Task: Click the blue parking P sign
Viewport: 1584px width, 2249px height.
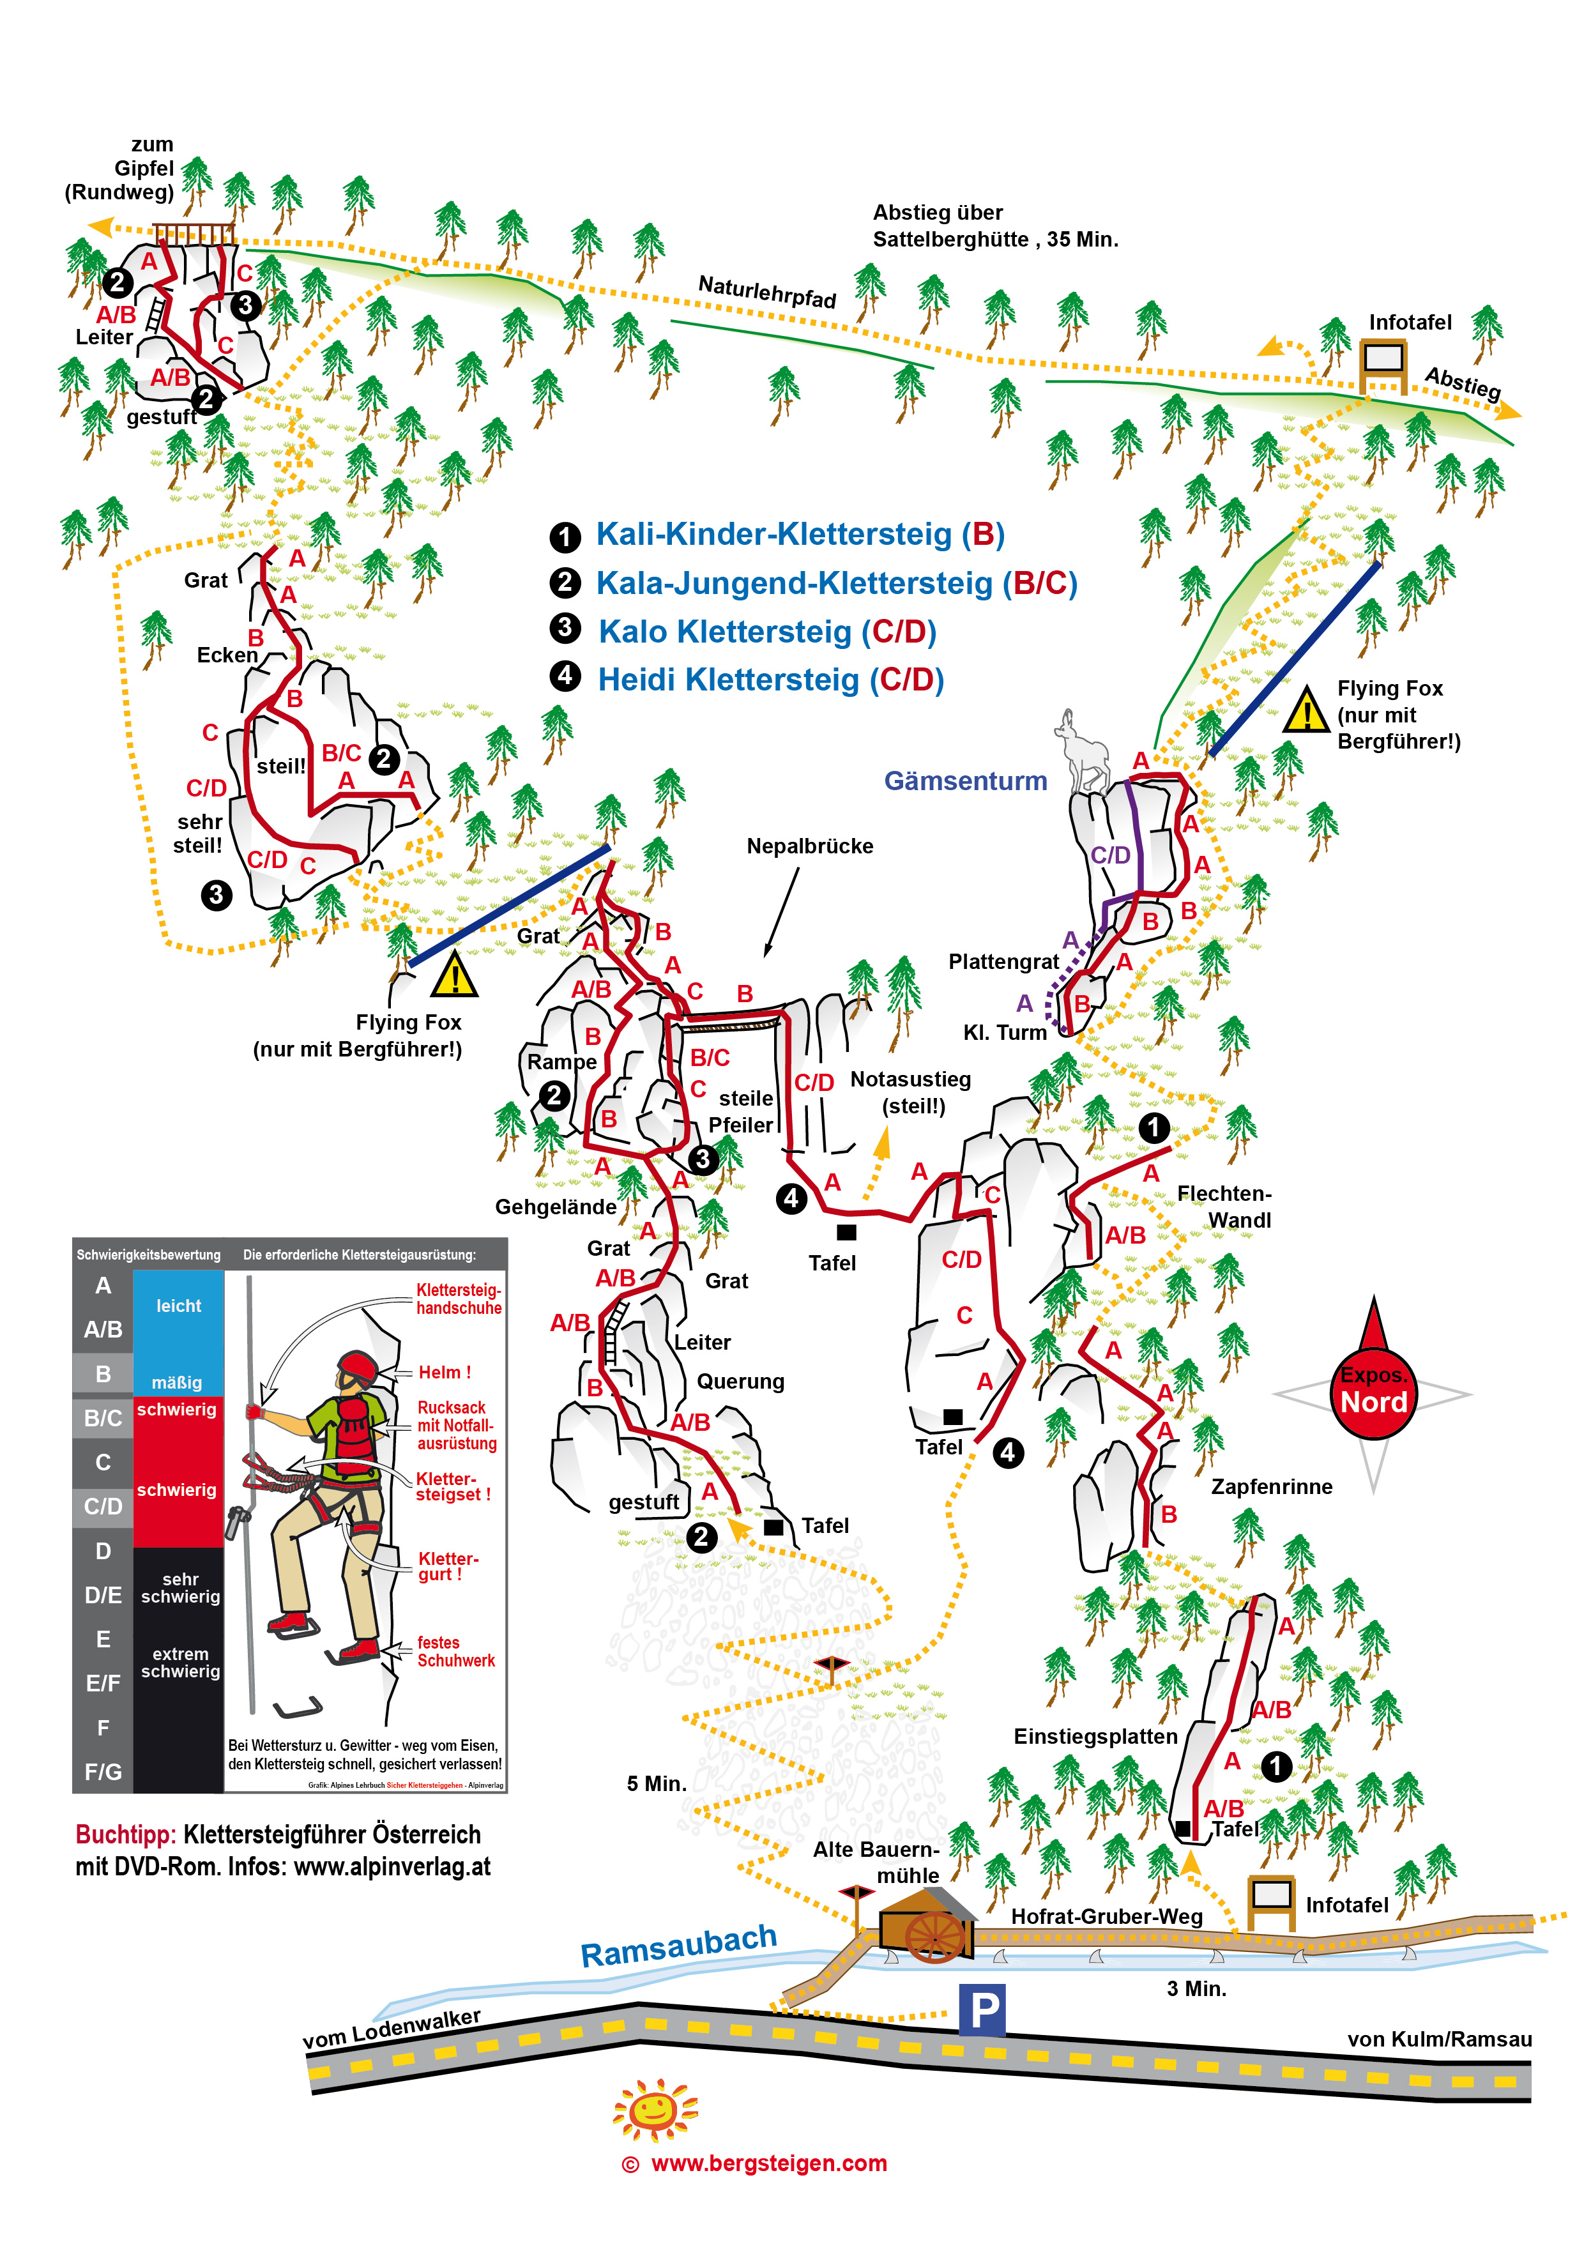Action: click(982, 2011)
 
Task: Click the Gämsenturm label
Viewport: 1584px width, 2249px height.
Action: click(965, 781)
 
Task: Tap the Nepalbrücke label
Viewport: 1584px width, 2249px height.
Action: click(809, 845)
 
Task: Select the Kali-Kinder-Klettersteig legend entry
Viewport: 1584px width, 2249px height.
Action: click(800, 534)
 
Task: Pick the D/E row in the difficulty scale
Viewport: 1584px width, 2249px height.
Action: click(103, 1595)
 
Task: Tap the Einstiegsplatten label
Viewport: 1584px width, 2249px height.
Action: click(1095, 1735)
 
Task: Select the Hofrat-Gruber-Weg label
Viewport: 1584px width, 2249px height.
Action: click(1106, 1916)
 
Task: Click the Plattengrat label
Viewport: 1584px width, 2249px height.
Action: click(1003, 961)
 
